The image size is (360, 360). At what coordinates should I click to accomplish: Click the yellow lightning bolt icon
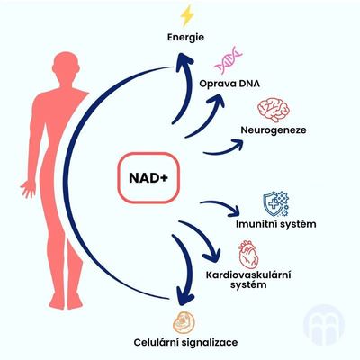(x=187, y=15)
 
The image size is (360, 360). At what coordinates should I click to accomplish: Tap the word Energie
(x=185, y=38)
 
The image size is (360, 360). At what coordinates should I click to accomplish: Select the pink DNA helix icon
(x=229, y=59)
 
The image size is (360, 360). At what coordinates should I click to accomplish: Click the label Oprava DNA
(x=229, y=84)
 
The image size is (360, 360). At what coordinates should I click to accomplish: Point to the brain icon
(x=274, y=109)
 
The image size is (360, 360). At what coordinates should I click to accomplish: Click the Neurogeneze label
(x=274, y=130)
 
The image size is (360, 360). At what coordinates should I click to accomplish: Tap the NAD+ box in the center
(x=148, y=178)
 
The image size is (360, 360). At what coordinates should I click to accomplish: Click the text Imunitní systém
(x=276, y=224)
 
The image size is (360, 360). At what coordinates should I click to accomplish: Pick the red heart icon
(x=248, y=254)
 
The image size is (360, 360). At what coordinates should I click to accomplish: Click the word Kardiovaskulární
(x=248, y=274)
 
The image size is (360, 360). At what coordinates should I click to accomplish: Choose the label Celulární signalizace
(x=185, y=342)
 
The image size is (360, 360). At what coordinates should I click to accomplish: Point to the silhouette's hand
(x=29, y=188)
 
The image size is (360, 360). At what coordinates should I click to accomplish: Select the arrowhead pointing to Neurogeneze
(x=237, y=144)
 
